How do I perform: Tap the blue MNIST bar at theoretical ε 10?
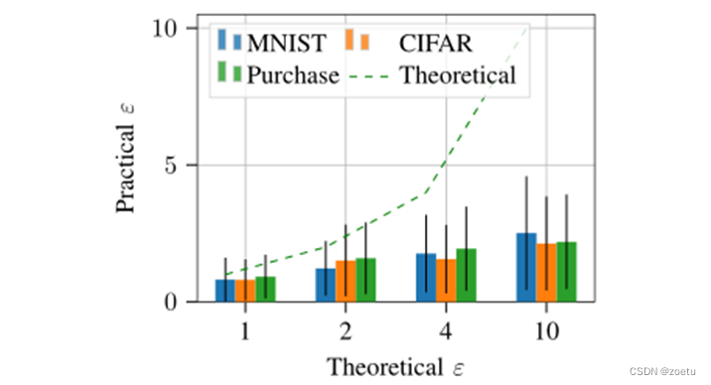point(526,267)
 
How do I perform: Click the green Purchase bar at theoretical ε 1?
point(265,289)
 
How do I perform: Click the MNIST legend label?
point(292,43)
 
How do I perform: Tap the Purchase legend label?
point(294,73)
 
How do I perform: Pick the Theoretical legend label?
point(458,73)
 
